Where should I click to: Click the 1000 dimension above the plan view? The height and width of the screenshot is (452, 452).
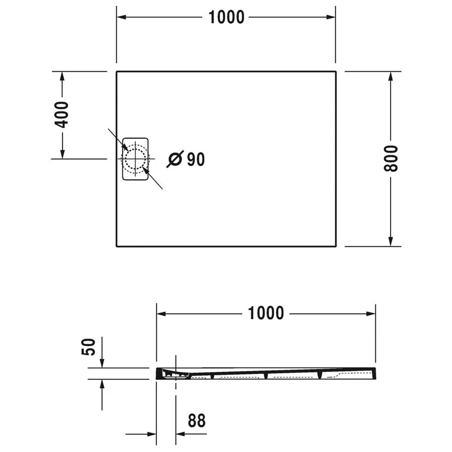(226, 17)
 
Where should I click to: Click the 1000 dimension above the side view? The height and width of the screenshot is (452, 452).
(266, 313)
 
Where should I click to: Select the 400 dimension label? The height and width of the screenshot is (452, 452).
(62, 115)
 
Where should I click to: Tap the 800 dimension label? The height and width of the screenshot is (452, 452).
(391, 159)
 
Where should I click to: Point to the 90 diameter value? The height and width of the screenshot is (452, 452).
(196, 159)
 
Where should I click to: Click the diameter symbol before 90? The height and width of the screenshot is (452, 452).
(176, 159)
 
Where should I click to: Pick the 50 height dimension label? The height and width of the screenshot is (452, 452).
(88, 348)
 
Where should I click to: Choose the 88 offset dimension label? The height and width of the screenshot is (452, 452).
(196, 421)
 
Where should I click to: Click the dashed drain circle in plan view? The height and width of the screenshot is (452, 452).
(135, 159)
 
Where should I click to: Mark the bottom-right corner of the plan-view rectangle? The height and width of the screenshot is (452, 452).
(336, 246)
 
